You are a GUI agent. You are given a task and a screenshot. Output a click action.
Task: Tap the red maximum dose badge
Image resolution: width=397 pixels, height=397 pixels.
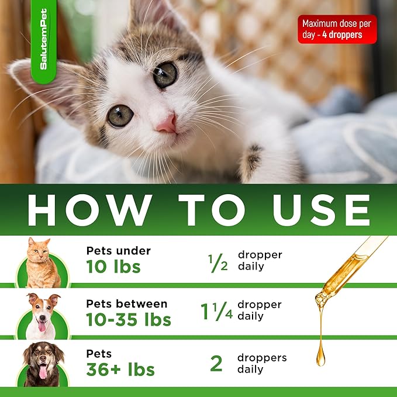pyautogui.click(x=337, y=29)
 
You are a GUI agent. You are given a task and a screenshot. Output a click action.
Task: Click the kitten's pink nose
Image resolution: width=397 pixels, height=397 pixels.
pyautogui.click(x=167, y=124)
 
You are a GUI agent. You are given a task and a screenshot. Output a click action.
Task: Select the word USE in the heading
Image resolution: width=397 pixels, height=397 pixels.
pyautogui.click(x=321, y=210)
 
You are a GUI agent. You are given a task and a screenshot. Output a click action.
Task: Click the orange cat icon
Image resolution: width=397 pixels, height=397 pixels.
pyautogui.click(x=42, y=263)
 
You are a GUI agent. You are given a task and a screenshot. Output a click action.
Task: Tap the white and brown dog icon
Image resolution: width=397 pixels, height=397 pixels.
pyautogui.click(x=42, y=316)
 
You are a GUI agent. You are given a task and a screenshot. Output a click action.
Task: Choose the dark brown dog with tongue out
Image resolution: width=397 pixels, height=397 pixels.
pyautogui.click(x=43, y=364)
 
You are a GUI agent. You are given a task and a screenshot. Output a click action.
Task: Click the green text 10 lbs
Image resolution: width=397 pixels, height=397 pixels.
pyautogui.click(x=113, y=267)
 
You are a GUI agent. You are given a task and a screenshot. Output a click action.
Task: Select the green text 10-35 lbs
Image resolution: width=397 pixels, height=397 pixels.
pyautogui.click(x=129, y=319)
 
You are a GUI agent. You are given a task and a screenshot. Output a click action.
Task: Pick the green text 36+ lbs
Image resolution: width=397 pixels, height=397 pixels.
pyautogui.click(x=120, y=370)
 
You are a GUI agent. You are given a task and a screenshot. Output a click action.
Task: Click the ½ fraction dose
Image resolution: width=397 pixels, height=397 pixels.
pyautogui.click(x=218, y=263)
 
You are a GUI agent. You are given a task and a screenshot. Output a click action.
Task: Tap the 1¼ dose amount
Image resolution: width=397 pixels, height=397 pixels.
pyautogui.click(x=217, y=312)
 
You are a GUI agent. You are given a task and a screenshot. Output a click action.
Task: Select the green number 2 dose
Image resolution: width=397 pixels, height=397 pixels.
pyautogui.click(x=216, y=363)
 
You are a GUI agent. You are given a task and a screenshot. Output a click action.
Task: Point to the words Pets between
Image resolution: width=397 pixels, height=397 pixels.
pyautogui.click(x=127, y=304)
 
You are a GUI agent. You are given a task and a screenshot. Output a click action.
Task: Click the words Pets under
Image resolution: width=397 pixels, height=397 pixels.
pyautogui.click(x=119, y=251)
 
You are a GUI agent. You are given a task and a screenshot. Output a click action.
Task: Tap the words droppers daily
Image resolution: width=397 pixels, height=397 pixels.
pyautogui.click(x=262, y=364)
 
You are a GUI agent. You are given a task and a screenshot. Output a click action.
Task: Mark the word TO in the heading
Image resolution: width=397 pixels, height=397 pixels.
pyautogui.click(x=212, y=210)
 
